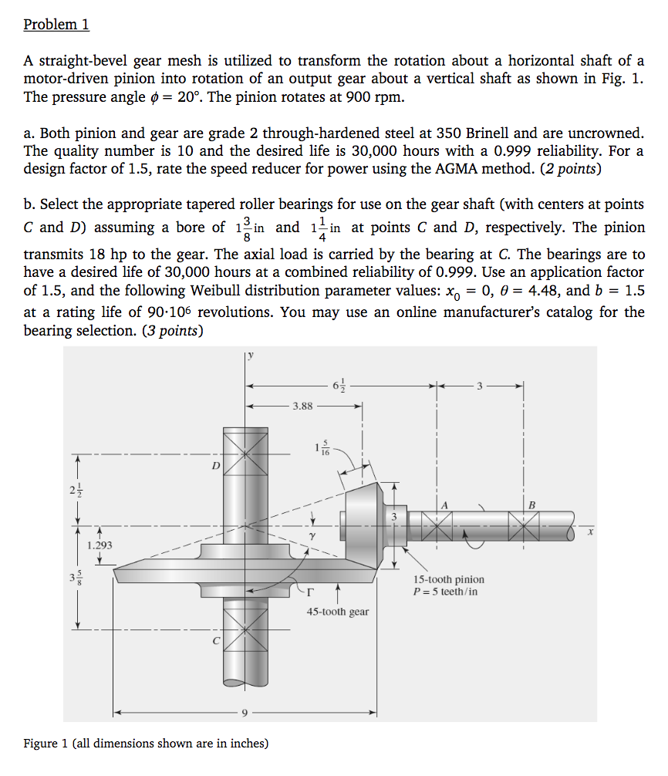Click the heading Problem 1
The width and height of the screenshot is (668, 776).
pyautogui.click(x=56, y=24)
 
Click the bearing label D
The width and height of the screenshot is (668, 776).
pyautogui.click(x=216, y=466)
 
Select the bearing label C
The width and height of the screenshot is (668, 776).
pyautogui.click(x=216, y=640)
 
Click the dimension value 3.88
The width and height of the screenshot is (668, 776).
pyautogui.click(x=302, y=405)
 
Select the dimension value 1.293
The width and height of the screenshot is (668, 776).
pyautogui.click(x=100, y=545)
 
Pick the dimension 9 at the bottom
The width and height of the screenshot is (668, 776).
pyautogui.click(x=245, y=713)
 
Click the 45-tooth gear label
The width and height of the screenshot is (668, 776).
pyautogui.click(x=337, y=612)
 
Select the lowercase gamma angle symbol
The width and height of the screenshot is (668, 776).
pyautogui.click(x=312, y=534)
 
